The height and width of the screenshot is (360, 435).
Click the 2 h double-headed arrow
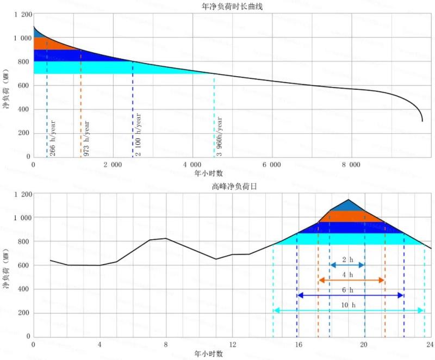point(347,265)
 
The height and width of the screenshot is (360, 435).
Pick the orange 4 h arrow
point(351,280)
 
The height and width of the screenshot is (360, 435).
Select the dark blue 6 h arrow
point(350,295)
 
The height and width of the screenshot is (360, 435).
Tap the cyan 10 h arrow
point(348,311)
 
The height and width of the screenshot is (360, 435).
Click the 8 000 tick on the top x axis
point(351,165)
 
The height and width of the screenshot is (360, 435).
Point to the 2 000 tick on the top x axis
point(113,165)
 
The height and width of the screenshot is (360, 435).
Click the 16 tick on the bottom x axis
point(298,345)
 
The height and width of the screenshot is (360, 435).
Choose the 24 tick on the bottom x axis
point(430,345)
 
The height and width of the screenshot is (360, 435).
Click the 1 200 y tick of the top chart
point(23,15)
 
